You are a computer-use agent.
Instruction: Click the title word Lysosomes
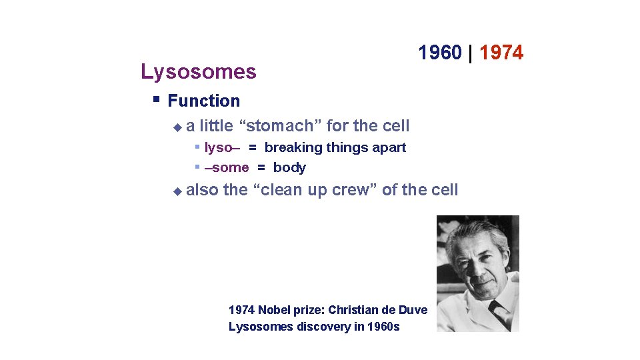(x=198, y=72)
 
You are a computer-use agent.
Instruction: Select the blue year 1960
(x=440, y=52)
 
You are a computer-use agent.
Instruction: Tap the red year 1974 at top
(x=501, y=52)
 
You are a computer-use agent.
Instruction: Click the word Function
(x=203, y=101)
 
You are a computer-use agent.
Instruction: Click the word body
(x=289, y=167)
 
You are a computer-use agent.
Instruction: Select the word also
(x=202, y=190)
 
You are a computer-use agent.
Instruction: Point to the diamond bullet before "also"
(x=177, y=191)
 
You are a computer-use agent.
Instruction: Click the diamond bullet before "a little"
(x=177, y=126)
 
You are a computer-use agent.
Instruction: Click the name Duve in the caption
(x=413, y=309)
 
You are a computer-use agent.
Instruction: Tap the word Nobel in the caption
(x=275, y=309)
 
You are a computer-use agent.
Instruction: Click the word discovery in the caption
(x=317, y=327)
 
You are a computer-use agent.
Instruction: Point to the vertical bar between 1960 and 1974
(x=471, y=52)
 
